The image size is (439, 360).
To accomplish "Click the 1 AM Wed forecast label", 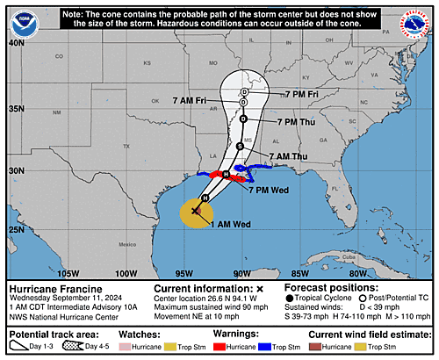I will [229, 225].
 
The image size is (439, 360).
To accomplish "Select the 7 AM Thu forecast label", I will [290, 156].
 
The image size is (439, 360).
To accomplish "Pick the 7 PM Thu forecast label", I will [298, 121].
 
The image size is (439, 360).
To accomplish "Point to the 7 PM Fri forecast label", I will [303, 93].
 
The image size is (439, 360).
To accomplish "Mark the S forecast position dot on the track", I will [240, 146].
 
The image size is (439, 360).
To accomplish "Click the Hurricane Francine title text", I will [54, 288].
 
